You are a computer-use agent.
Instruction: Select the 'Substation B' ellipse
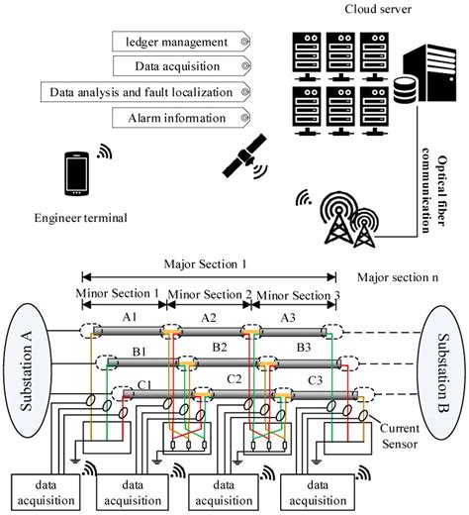441,366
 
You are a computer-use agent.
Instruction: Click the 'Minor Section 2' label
208,294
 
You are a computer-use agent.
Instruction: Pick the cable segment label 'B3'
304,349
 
